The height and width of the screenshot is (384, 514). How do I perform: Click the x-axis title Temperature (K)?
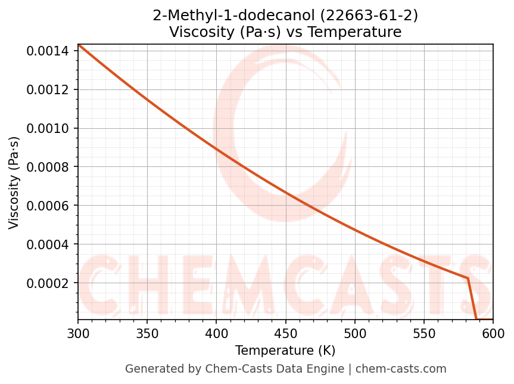(285, 351)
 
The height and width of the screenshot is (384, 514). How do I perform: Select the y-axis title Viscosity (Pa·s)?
(14, 182)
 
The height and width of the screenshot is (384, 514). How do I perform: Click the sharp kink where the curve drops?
(468, 278)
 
